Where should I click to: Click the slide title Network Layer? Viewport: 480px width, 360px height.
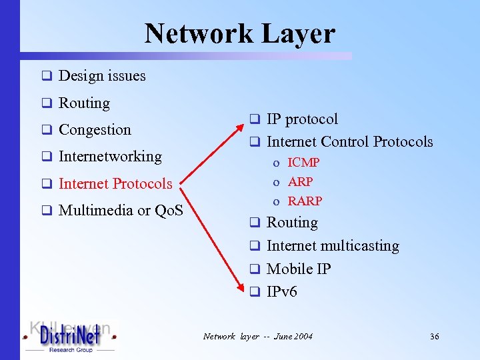[x=239, y=33]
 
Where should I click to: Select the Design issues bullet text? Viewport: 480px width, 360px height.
[x=102, y=76]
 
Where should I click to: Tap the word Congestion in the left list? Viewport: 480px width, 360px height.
[x=95, y=129]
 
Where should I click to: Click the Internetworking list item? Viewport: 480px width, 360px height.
[x=110, y=157]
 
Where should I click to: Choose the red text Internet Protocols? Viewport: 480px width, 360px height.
[x=115, y=183]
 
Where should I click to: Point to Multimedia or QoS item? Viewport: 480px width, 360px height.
[x=121, y=211]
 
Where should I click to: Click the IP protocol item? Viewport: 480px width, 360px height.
[x=302, y=119]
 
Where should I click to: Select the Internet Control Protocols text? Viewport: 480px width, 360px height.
[x=349, y=142]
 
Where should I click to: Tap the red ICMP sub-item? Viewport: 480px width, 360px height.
[x=304, y=163]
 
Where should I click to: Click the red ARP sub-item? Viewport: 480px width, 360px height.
[x=300, y=181]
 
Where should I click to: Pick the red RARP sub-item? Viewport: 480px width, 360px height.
[x=305, y=201]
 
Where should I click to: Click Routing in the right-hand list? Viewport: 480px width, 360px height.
[x=292, y=223]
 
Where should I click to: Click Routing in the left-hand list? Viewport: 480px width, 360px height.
[x=84, y=103]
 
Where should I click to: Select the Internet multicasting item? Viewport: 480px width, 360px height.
[x=333, y=246]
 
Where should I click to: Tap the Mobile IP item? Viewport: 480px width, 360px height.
[x=299, y=269]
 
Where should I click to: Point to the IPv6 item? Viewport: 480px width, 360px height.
[x=282, y=291]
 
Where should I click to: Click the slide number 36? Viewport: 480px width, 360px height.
[x=434, y=337]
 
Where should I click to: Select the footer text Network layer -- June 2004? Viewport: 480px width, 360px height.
[x=257, y=337]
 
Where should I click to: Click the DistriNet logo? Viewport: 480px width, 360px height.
[x=69, y=336]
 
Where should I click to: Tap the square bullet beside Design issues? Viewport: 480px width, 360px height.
[x=47, y=76]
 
